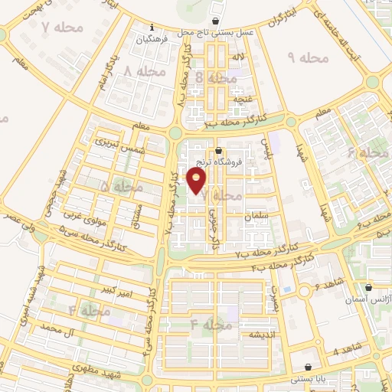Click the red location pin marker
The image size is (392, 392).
point(198,181)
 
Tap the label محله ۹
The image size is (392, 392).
point(309,58)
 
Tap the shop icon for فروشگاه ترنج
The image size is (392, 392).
point(220,151)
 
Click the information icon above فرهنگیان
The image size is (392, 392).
point(152,27)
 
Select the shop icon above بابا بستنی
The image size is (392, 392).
point(309,367)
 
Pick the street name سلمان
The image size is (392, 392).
point(259,217)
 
